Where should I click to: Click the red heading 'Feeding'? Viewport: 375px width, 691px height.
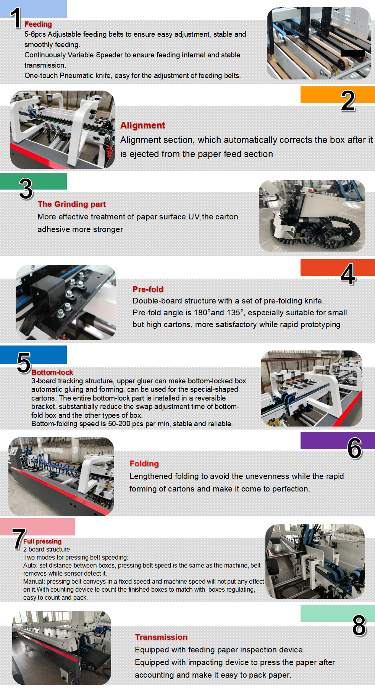38,24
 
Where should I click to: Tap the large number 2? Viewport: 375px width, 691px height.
348,101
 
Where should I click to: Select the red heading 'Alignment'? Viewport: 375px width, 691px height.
142,125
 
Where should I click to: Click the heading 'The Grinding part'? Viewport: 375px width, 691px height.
71,204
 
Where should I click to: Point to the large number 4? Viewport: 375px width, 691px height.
348,274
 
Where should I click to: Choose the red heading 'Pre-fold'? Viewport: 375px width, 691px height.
148,289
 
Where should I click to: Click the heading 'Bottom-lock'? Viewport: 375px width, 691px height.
52,372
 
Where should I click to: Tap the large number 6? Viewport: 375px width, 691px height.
354,448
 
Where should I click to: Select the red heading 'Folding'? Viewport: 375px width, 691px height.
144,464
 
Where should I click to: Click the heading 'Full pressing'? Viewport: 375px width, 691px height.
42,541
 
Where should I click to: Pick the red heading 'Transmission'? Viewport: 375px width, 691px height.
161,637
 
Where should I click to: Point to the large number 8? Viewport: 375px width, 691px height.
359,626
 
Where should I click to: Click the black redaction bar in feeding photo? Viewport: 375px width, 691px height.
352,53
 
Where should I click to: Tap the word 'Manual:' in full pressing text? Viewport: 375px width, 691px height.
34,581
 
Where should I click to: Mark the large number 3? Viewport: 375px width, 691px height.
26,189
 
